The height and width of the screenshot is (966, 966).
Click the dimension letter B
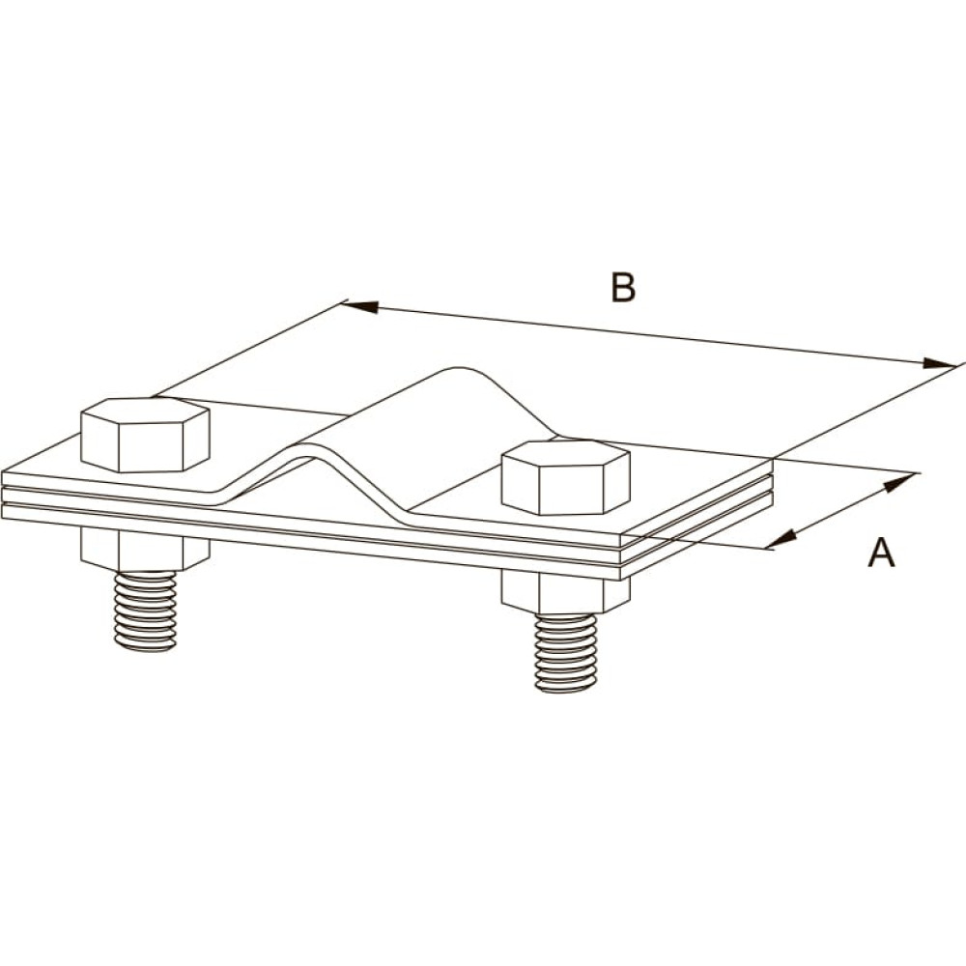click(x=623, y=287)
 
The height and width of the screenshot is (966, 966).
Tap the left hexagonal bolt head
click(x=146, y=435)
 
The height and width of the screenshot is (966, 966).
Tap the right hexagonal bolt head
click(x=565, y=477)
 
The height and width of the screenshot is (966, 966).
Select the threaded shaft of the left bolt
click(x=146, y=611)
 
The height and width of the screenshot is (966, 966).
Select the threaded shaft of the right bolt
click(x=565, y=652)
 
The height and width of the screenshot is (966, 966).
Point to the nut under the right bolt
click(x=565, y=591)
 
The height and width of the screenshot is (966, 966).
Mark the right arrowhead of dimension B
click(x=939, y=363)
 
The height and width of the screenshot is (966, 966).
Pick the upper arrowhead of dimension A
click(x=898, y=482)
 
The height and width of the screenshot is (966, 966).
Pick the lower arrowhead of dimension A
click(x=779, y=540)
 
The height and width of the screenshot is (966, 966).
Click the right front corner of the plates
click(x=620, y=580)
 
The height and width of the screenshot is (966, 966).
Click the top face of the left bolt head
click(x=146, y=412)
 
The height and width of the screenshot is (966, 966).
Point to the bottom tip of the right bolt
click(x=565, y=690)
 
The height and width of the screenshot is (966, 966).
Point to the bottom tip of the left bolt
click(x=146, y=649)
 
